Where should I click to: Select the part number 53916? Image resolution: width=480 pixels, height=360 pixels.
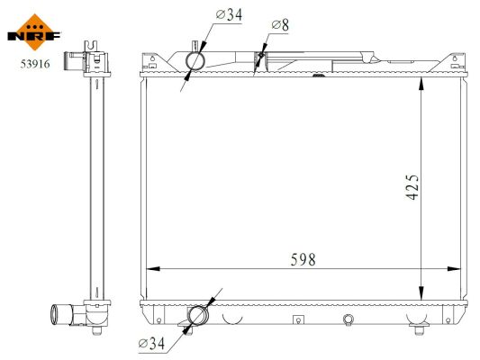[x=33, y=64]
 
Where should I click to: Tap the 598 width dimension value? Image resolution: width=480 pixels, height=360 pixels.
[x=303, y=258]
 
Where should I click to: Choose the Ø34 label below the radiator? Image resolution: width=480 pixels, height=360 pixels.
[x=153, y=342]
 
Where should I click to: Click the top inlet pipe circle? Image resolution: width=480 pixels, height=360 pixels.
[x=195, y=60]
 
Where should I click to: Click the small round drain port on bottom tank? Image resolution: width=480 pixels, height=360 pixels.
[x=349, y=317]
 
